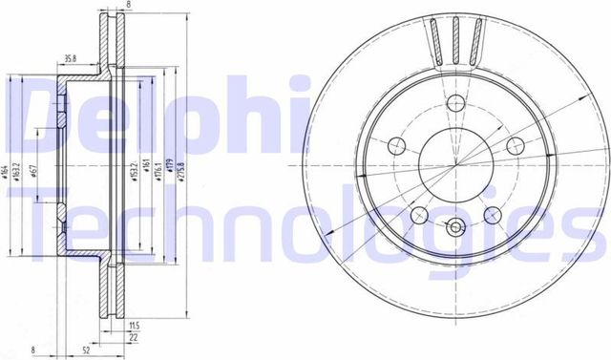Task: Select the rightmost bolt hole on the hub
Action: tap(516, 145)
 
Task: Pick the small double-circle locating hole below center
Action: tap(453, 227)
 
